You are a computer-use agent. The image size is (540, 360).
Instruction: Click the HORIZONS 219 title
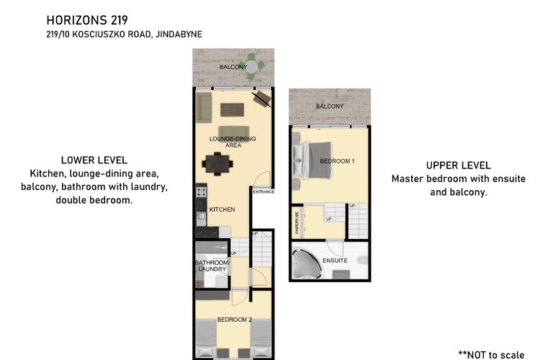coord(87,20)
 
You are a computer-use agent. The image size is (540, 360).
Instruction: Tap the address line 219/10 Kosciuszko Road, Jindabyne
coord(125,35)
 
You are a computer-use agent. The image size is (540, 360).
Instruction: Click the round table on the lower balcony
coord(252,67)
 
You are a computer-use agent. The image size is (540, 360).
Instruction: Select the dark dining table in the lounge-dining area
coord(217,163)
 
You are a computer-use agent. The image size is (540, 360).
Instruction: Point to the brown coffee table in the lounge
coord(233,110)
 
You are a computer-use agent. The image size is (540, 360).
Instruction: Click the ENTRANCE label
coord(264,192)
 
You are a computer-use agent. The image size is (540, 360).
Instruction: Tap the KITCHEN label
coord(222,210)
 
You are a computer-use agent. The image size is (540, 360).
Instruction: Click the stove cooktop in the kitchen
coord(202,192)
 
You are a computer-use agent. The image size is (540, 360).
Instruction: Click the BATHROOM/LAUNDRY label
coord(212,266)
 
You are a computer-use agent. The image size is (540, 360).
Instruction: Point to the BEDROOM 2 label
coord(235,320)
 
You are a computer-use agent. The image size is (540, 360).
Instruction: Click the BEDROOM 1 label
coord(337,161)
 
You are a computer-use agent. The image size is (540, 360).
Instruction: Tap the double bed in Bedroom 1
coord(312,160)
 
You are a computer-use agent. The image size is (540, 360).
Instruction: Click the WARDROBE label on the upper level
coord(297,222)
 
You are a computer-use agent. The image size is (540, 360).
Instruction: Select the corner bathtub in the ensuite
coord(307,264)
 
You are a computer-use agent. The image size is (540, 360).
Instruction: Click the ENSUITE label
coord(335,261)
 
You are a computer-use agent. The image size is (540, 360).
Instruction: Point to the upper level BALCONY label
coord(330,107)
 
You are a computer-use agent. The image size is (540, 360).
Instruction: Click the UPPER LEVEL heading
coord(459,166)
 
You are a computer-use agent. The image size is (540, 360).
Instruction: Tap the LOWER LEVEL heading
coord(94,160)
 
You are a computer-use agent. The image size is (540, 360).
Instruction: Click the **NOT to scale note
coord(492,354)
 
